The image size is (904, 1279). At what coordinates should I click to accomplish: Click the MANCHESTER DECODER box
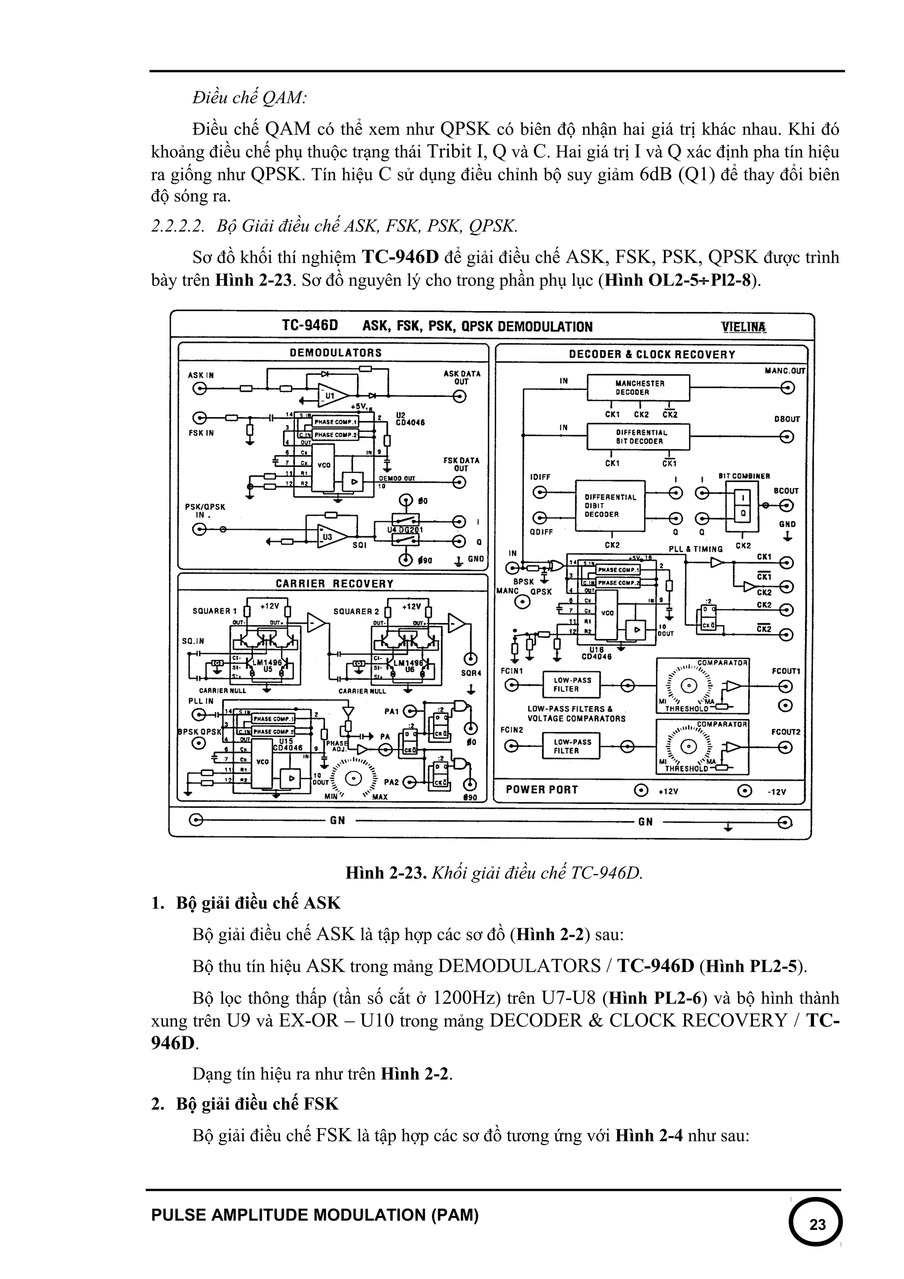(639, 387)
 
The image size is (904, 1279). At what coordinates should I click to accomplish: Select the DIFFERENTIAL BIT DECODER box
(639, 437)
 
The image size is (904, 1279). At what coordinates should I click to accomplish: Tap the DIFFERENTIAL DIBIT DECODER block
(610, 506)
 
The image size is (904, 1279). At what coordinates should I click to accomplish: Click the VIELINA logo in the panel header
(743, 327)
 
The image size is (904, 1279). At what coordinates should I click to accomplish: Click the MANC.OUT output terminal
(787, 388)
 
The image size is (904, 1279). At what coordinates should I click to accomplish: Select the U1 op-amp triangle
(332, 396)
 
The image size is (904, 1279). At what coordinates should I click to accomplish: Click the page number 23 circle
(816, 1224)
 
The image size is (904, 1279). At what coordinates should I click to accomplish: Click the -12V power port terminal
(744, 790)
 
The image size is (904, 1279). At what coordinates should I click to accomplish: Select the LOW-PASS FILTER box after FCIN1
(572, 685)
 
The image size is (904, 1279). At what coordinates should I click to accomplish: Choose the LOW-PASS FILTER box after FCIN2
(572, 746)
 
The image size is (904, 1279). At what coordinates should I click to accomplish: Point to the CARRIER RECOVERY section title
(334, 584)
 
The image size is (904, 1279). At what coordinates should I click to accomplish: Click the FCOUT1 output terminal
(785, 685)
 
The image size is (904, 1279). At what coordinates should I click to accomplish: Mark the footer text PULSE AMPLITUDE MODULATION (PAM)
(315, 1215)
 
